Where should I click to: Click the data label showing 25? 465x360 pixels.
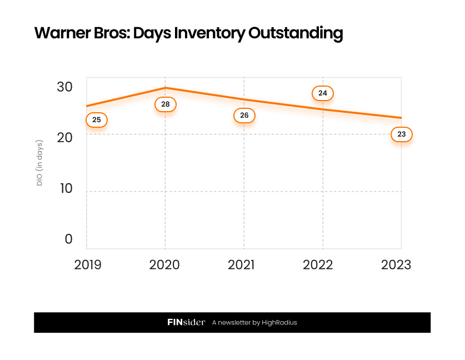coord(96,119)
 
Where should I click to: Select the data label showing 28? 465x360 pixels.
coord(165,104)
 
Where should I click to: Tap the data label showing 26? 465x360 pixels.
coord(244,116)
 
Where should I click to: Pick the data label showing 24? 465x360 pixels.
coord(322,93)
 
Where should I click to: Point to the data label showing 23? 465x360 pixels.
coord(402,134)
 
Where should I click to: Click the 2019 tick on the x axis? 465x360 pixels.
coord(88,264)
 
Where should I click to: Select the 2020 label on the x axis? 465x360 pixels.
coord(164,264)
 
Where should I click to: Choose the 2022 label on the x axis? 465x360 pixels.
coord(318,264)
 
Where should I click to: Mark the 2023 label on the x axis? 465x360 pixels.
coord(396,264)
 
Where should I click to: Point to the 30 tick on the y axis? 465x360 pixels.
coord(64,87)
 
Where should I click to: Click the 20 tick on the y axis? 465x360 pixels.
coord(64,137)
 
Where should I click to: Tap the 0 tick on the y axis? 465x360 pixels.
coord(68,239)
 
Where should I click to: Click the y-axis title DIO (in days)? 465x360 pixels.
coord(39,163)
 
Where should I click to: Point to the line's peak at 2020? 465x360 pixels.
coord(165,88)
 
